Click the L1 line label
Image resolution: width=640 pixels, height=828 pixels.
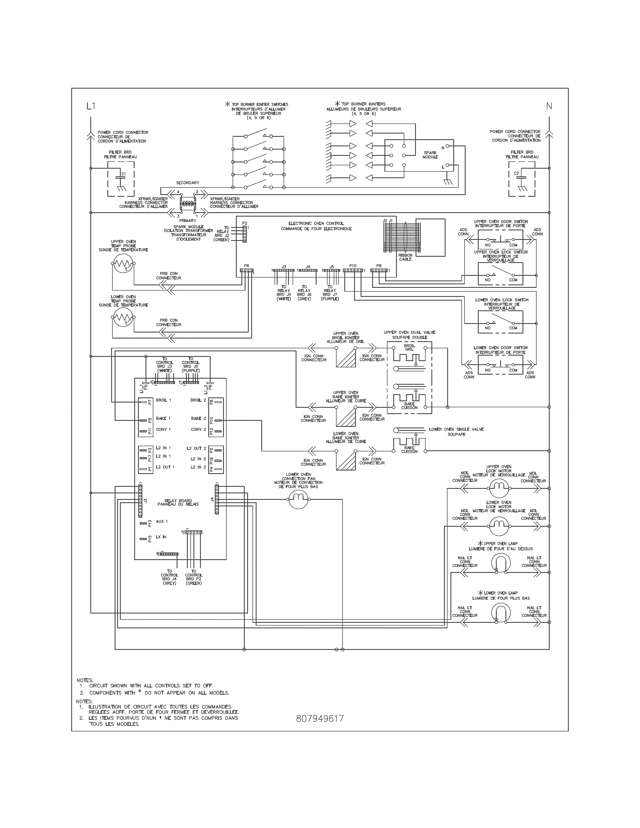tap(91, 106)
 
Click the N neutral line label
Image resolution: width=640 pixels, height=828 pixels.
tap(549, 106)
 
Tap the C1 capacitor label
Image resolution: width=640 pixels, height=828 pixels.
tap(123, 174)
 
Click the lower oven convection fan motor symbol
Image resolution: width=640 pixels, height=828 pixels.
tap(299, 499)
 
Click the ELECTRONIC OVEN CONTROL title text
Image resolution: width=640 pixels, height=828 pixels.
tap(316, 226)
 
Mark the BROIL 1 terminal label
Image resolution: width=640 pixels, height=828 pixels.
tap(163, 400)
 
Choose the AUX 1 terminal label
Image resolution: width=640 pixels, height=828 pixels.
tap(162, 521)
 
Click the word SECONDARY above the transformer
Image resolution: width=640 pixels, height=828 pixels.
tap(188, 183)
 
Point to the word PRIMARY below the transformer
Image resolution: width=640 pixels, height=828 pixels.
tap(188, 220)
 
